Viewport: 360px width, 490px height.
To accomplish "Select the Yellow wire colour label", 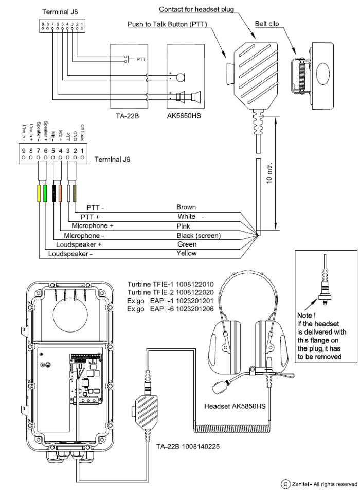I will (x=187, y=253).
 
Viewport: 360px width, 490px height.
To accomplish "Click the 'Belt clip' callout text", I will (x=268, y=24).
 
